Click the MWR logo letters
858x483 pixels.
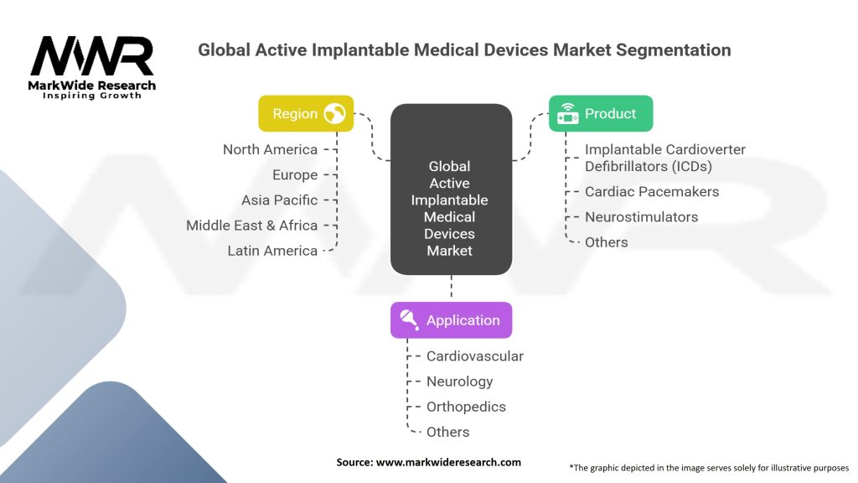[92, 56]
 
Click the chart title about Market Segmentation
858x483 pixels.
[464, 50]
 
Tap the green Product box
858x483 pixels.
[600, 113]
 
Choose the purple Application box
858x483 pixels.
[451, 320]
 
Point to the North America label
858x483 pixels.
[270, 149]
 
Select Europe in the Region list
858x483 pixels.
[295, 174]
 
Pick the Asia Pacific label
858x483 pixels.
[280, 200]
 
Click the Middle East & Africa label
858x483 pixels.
[251, 225]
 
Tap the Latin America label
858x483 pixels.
[272, 250]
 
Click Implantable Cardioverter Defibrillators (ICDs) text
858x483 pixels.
[664, 158]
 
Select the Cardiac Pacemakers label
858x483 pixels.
[652, 191]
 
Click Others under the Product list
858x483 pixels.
[606, 241]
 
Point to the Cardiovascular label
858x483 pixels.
[474, 356]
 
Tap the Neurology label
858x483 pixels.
[459, 381]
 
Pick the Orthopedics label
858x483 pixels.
[466, 406]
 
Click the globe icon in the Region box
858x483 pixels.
[334, 114]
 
